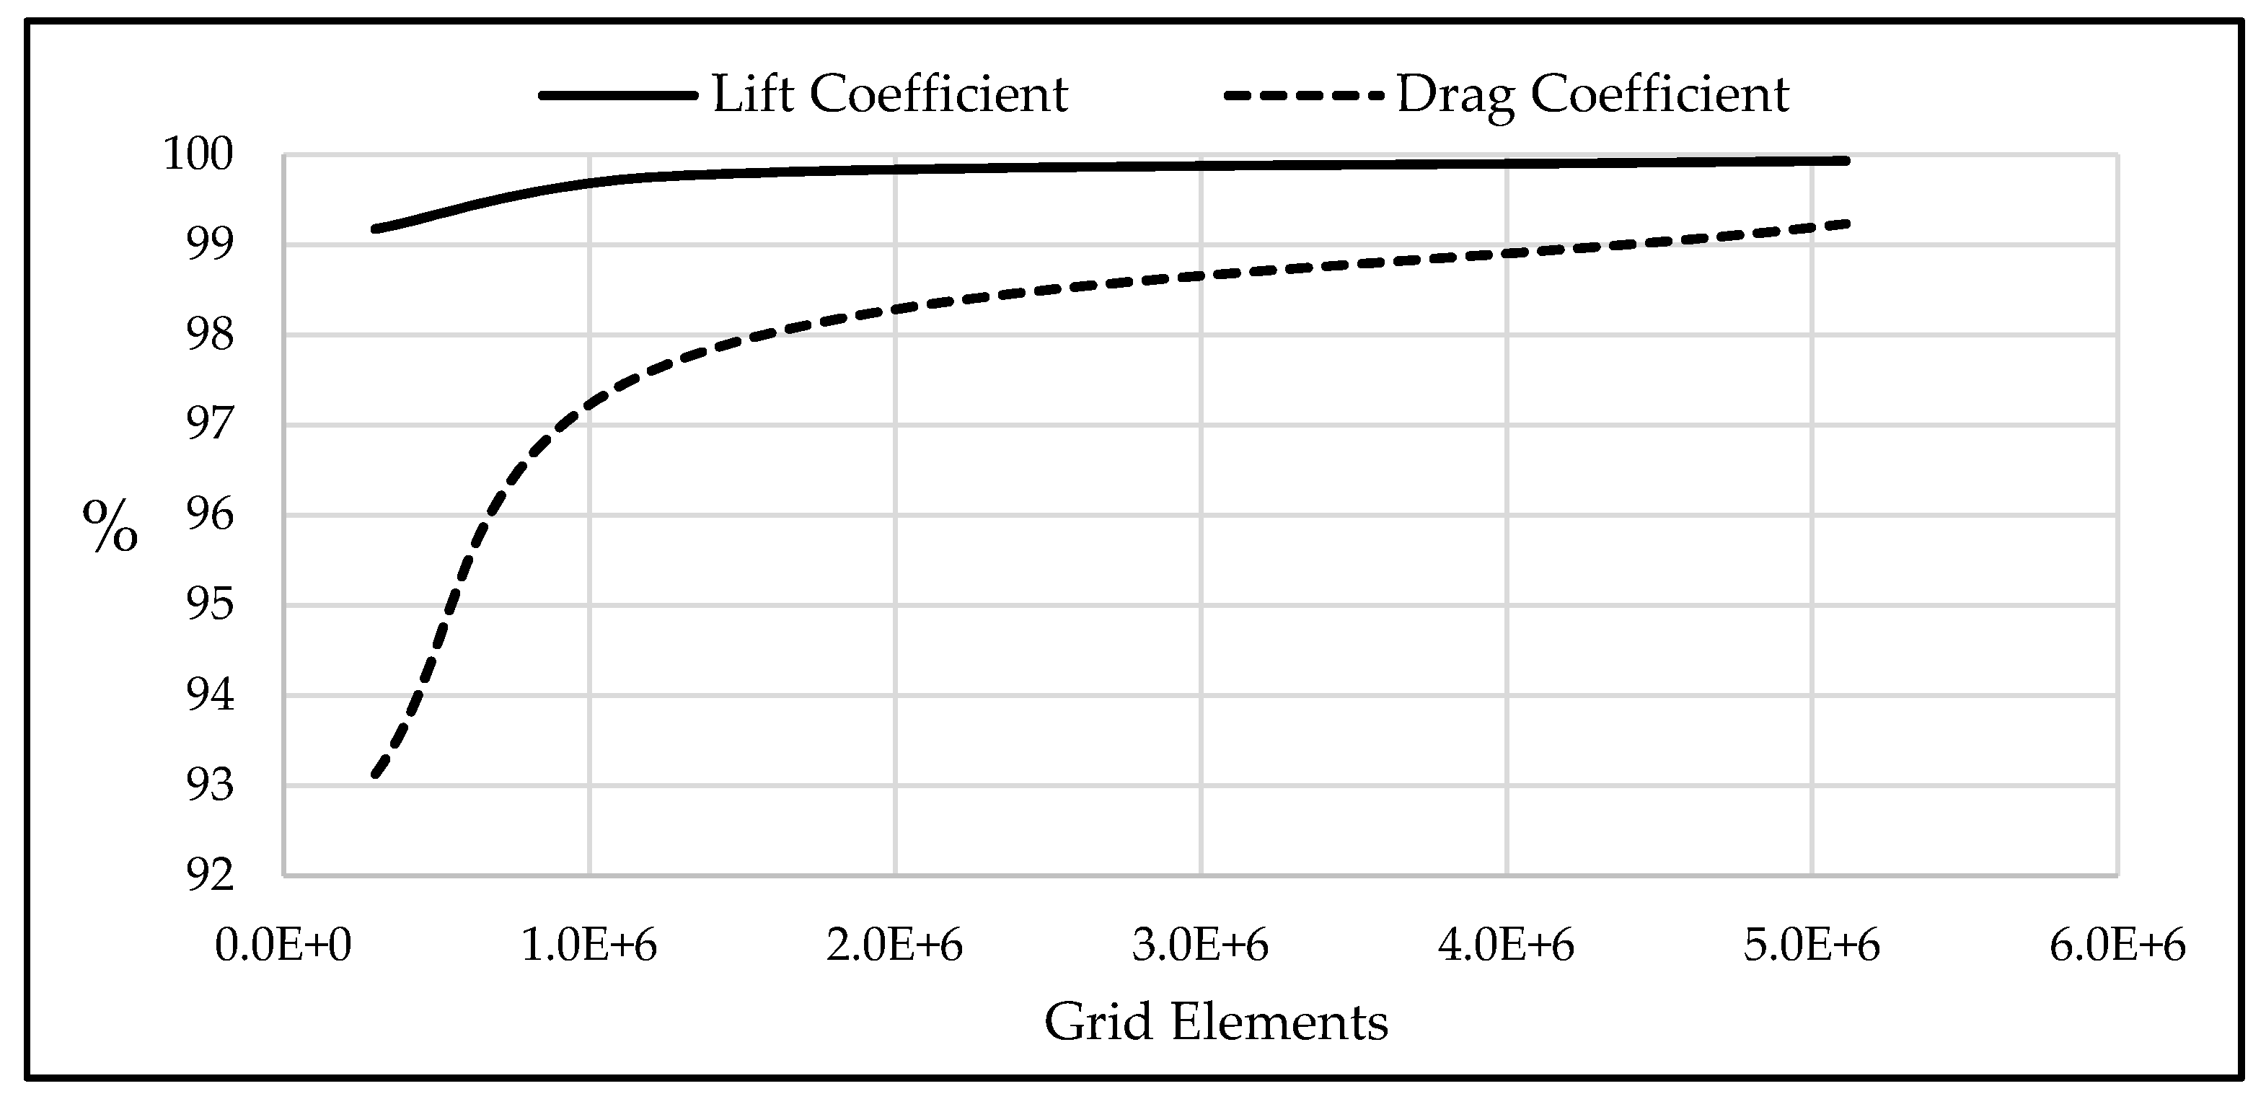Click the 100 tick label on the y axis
199,155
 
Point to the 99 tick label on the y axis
211,244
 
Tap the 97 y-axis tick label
211,425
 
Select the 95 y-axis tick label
211,605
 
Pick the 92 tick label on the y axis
211,875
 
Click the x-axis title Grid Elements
1216,1023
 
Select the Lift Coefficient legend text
889,94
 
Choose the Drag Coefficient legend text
1592,94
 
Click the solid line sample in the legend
617,95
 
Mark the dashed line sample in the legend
1304,95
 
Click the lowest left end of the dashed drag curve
376,775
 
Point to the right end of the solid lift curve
1846,160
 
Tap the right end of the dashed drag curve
1846,224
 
